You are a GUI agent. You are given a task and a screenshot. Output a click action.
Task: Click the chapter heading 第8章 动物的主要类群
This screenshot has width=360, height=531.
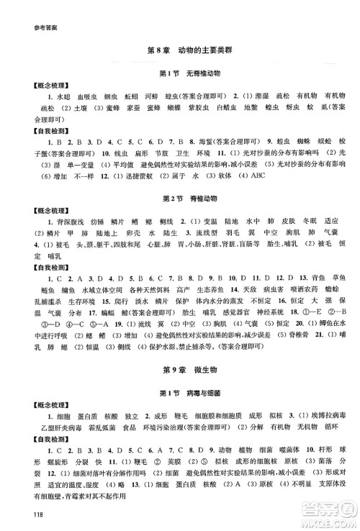180,50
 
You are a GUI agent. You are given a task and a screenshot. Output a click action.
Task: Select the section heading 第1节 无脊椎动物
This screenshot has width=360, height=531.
180,74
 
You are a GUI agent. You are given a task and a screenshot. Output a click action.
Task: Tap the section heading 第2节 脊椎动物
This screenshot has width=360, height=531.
180,196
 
